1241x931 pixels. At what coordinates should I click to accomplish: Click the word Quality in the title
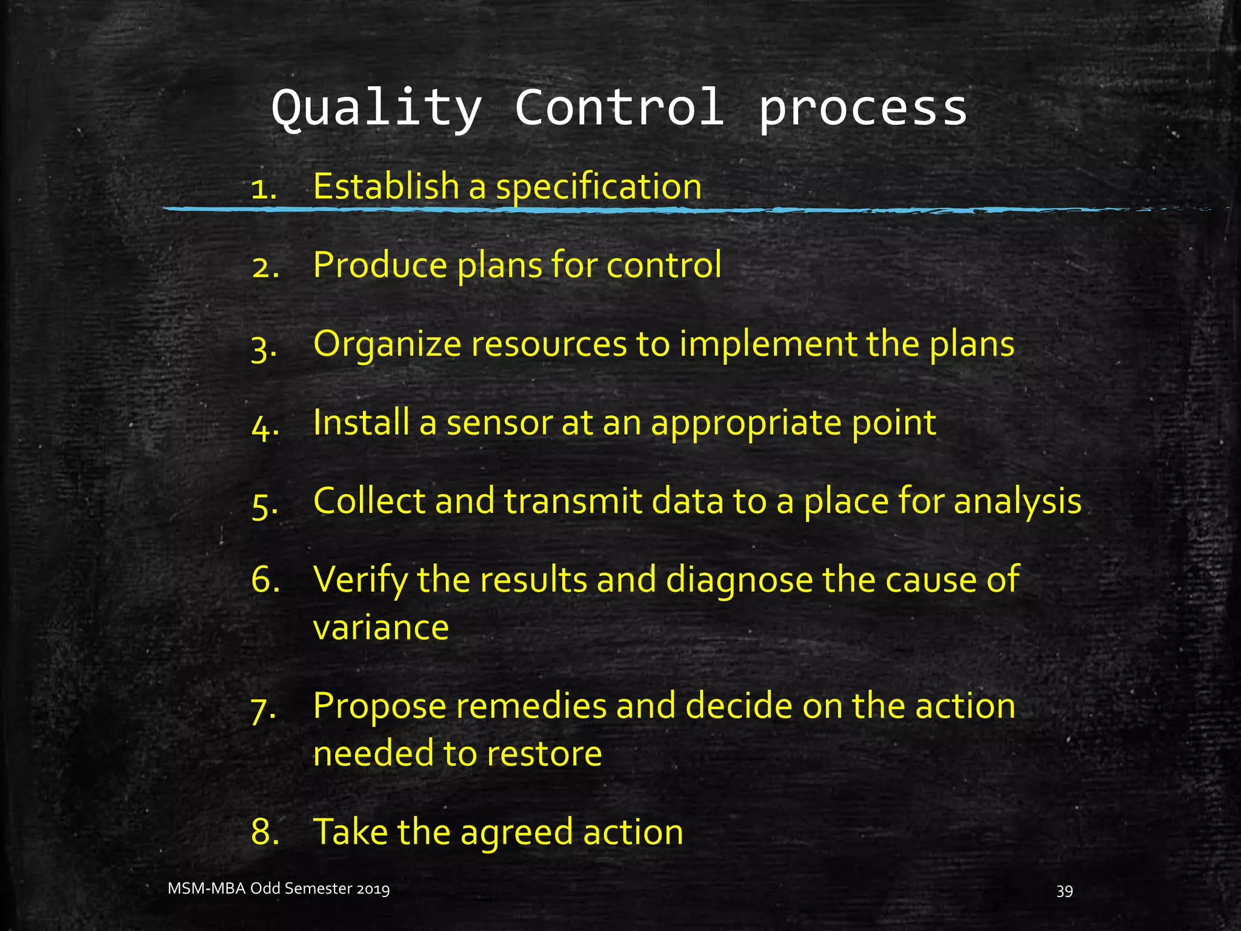(376, 109)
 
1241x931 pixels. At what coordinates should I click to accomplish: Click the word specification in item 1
(599, 187)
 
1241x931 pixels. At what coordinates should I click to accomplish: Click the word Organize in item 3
(387, 344)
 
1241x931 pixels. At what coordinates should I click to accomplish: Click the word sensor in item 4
(499, 423)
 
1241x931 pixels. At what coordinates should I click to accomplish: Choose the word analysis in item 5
(1017, 502)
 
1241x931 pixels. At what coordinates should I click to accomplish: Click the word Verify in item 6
(360, 580)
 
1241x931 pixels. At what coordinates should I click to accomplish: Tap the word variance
(381, 627)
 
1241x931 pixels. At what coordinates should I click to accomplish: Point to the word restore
(544, 753)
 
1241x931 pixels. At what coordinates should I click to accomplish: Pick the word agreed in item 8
(516, 832)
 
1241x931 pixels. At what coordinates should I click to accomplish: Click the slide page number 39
(1065, 890)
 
